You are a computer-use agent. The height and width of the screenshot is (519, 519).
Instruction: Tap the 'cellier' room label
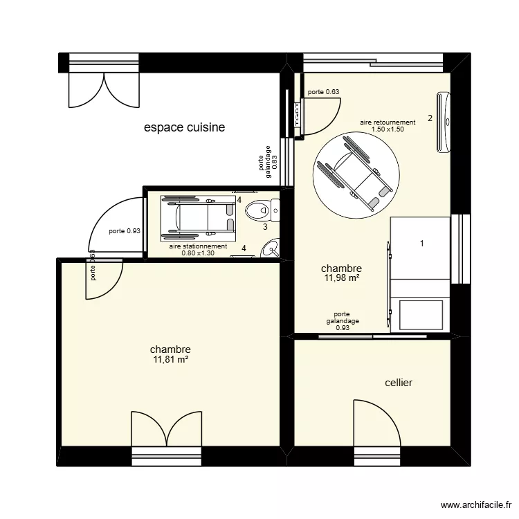399,382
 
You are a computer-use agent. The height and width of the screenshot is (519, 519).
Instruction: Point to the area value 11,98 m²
341,278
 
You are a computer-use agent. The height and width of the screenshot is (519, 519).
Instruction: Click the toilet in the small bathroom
263,208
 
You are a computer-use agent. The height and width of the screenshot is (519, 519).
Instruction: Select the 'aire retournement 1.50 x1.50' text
388,125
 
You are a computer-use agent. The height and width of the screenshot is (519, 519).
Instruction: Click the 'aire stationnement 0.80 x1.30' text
199,249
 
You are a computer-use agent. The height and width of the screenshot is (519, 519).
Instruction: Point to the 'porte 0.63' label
323,91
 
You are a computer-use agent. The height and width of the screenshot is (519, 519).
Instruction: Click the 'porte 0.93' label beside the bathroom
125,232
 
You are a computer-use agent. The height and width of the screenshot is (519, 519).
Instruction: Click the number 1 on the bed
422,243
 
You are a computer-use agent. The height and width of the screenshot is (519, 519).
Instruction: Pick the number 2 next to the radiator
430,118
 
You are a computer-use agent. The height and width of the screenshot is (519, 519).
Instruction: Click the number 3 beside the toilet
264,226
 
